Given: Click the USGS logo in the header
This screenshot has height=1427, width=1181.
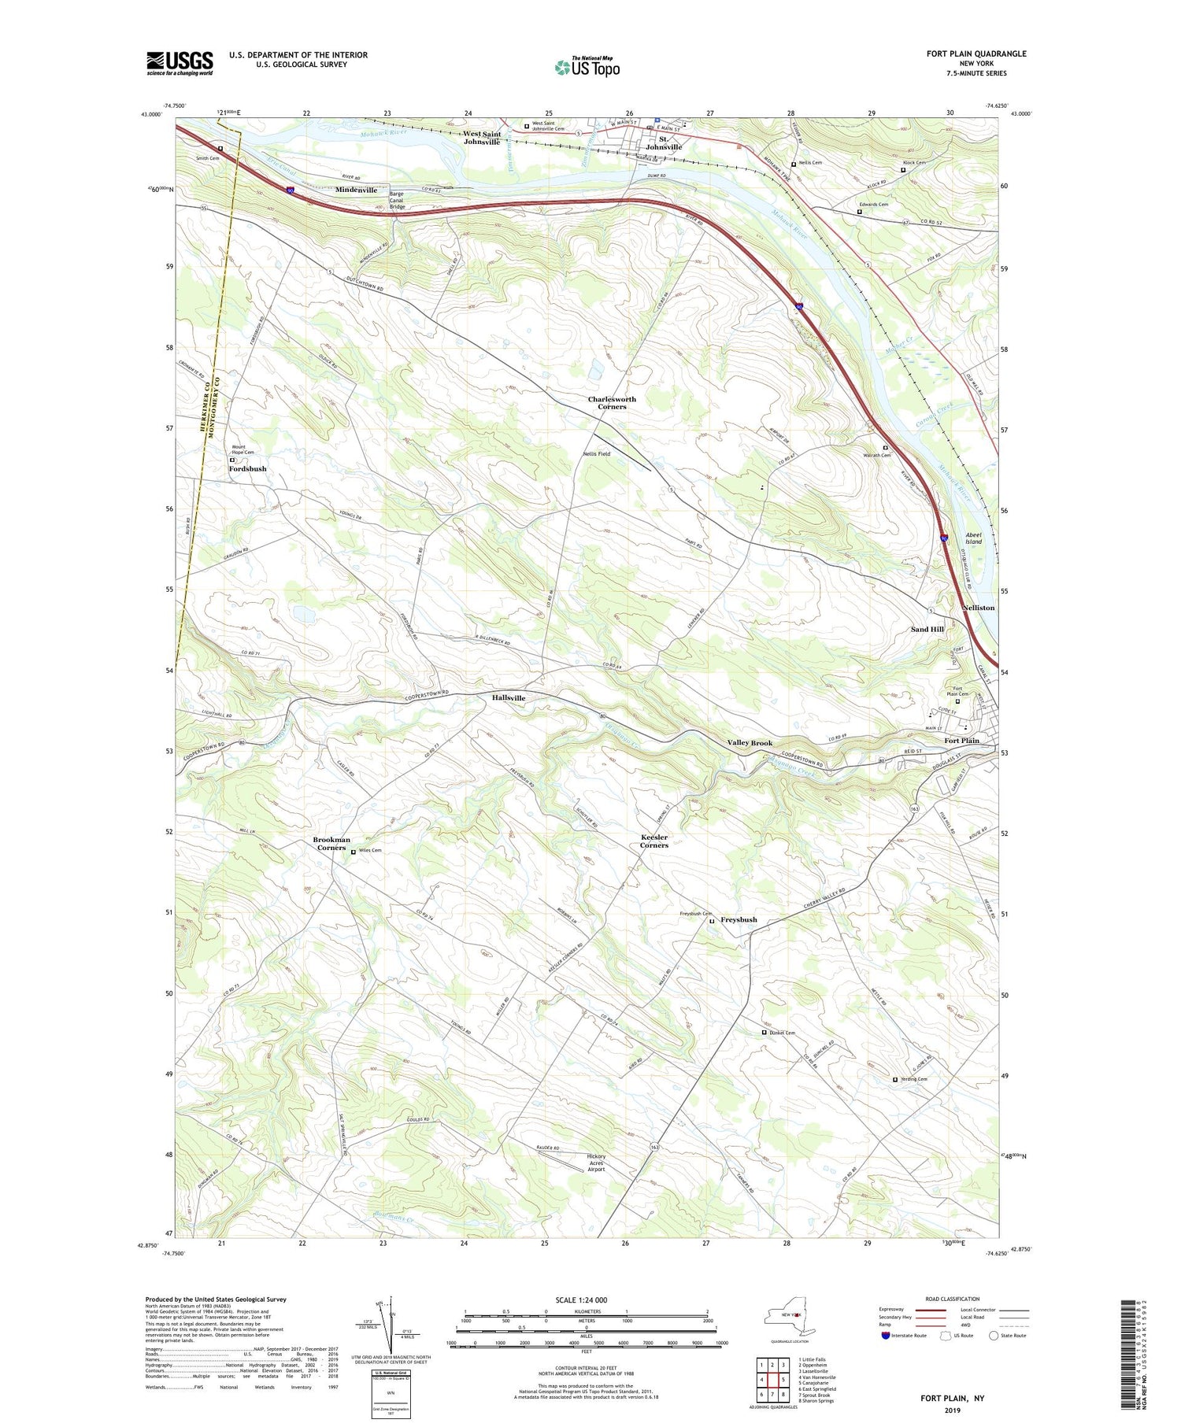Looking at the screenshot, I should [x=180, y=63].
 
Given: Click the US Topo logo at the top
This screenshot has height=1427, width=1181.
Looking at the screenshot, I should [x=587, y=67].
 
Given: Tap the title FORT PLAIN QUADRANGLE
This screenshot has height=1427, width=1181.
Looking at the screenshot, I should [x=976, y=54].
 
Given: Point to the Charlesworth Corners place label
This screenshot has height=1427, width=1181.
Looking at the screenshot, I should [x=612, y=403].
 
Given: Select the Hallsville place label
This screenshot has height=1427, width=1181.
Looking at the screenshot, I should [x=509, y=698].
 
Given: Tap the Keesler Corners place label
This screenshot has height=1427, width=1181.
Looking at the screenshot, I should [x=653, y=841].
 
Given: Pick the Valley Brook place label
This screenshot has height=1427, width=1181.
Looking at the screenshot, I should [x=750, y=743].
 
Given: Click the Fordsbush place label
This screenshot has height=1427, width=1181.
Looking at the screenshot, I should [x=247, y=469].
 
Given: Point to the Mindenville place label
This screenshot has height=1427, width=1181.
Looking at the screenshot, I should [x=356, y=190].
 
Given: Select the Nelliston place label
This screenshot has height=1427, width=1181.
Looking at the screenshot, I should [x=978, y=608].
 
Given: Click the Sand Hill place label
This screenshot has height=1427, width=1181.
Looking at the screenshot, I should [x=927, y=630].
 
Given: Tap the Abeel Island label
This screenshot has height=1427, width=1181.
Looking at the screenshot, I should [x=974, y=538].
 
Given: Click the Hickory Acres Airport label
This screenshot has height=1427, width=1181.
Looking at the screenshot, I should [x=596, y=1163].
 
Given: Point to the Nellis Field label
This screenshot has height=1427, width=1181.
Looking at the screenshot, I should [x=596, y=454].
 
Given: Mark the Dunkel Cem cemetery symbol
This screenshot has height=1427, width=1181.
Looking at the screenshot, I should [x=763, y=1033].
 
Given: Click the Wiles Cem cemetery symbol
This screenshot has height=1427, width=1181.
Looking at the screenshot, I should [x=353, y=851].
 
